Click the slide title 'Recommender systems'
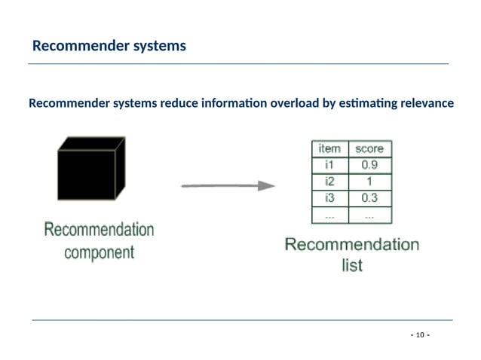click(109, 47)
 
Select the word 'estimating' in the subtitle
click(363, 103)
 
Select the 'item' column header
click(330, 148)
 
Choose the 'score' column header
click(369, 148)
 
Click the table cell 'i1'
click(330, 165)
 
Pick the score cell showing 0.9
click(369, 165)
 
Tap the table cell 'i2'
click(330, 182)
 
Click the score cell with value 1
click(369, 182)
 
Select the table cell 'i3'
click(330, 198)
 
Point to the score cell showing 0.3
click(369, 198)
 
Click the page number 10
click(419, 334)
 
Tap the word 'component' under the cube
click(99, 252)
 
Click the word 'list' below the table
click(352, 265)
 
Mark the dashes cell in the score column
click(369, 215)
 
